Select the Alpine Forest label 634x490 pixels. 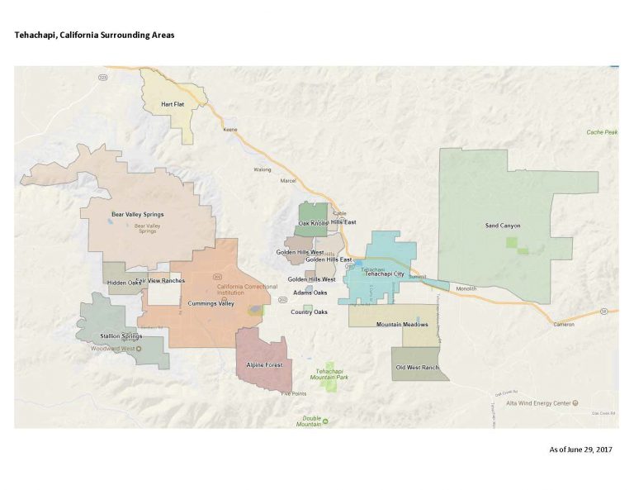(265, 364)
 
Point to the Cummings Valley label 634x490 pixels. (211, 304)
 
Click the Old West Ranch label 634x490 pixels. (417, 367)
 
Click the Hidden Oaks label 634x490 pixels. (124, 283)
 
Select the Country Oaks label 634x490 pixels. (309, 312)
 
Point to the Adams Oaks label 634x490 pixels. (310, 293)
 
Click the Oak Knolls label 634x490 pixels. (314, 223)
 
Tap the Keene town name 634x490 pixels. (230, 130)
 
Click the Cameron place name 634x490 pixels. (565, 324)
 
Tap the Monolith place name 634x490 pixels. (466, 288)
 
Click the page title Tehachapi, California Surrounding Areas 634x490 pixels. (94, 36)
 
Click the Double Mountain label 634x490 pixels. (309, 421)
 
